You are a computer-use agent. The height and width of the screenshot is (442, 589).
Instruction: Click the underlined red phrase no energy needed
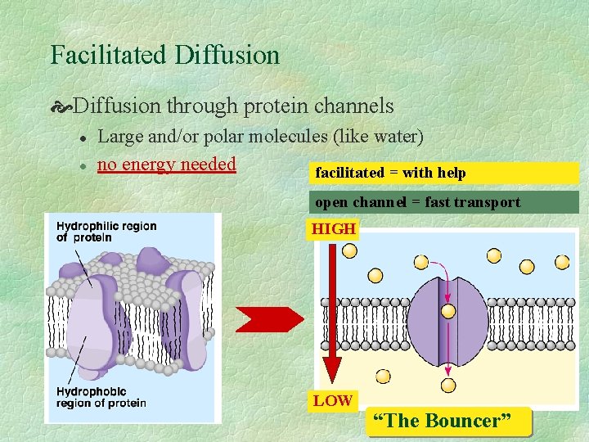click(x=166, y=165)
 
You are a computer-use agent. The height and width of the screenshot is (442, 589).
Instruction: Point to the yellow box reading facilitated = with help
click(x=445, y=173)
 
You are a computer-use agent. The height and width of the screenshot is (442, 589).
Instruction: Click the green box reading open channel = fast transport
click(x=445, y=202)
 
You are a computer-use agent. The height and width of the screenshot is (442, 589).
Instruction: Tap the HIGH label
click(x=334, y=229)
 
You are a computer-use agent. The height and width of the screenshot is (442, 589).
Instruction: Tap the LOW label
click(x=331, y=400)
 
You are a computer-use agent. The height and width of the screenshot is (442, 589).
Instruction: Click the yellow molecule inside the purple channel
click(x=448, y=311)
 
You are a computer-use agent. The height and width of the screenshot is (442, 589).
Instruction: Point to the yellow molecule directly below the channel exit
click(x=448, y=385)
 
